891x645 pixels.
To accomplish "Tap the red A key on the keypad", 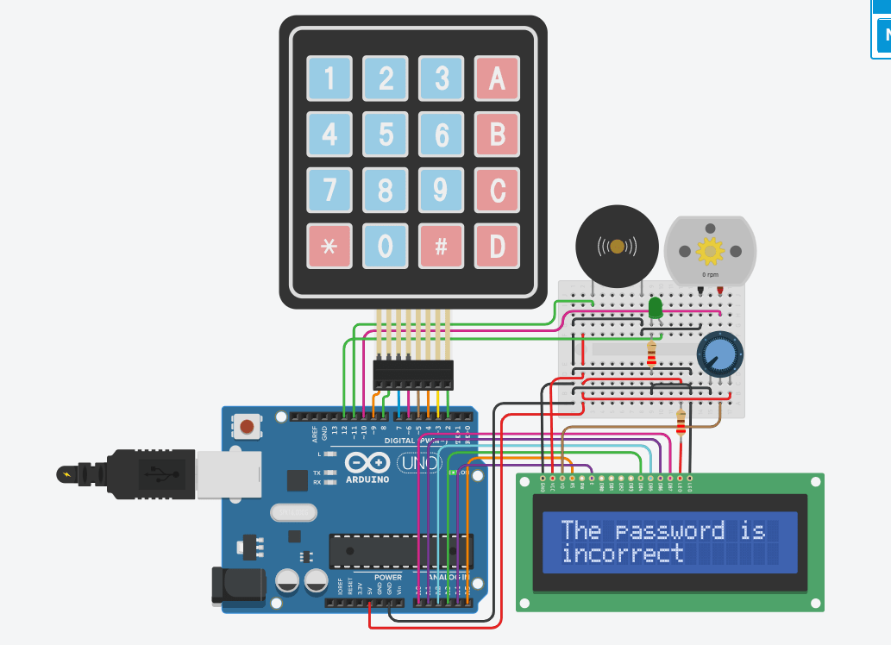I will [497, 79].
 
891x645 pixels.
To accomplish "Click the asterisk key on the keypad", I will [329, 247].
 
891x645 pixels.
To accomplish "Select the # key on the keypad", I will [441, 247].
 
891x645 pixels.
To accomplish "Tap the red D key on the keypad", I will [497, 247].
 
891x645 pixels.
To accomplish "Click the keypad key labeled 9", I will [441, 191].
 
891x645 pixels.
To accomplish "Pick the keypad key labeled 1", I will [329, 79].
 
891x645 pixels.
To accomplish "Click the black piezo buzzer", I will [617, 247].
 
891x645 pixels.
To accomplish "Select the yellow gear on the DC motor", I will [710, 250].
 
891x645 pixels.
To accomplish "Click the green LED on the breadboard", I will [655, 307].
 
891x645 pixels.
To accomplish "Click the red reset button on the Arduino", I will [248, 426].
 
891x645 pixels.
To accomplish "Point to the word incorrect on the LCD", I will [623, 554].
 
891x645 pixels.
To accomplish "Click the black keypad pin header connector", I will [413, 374].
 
